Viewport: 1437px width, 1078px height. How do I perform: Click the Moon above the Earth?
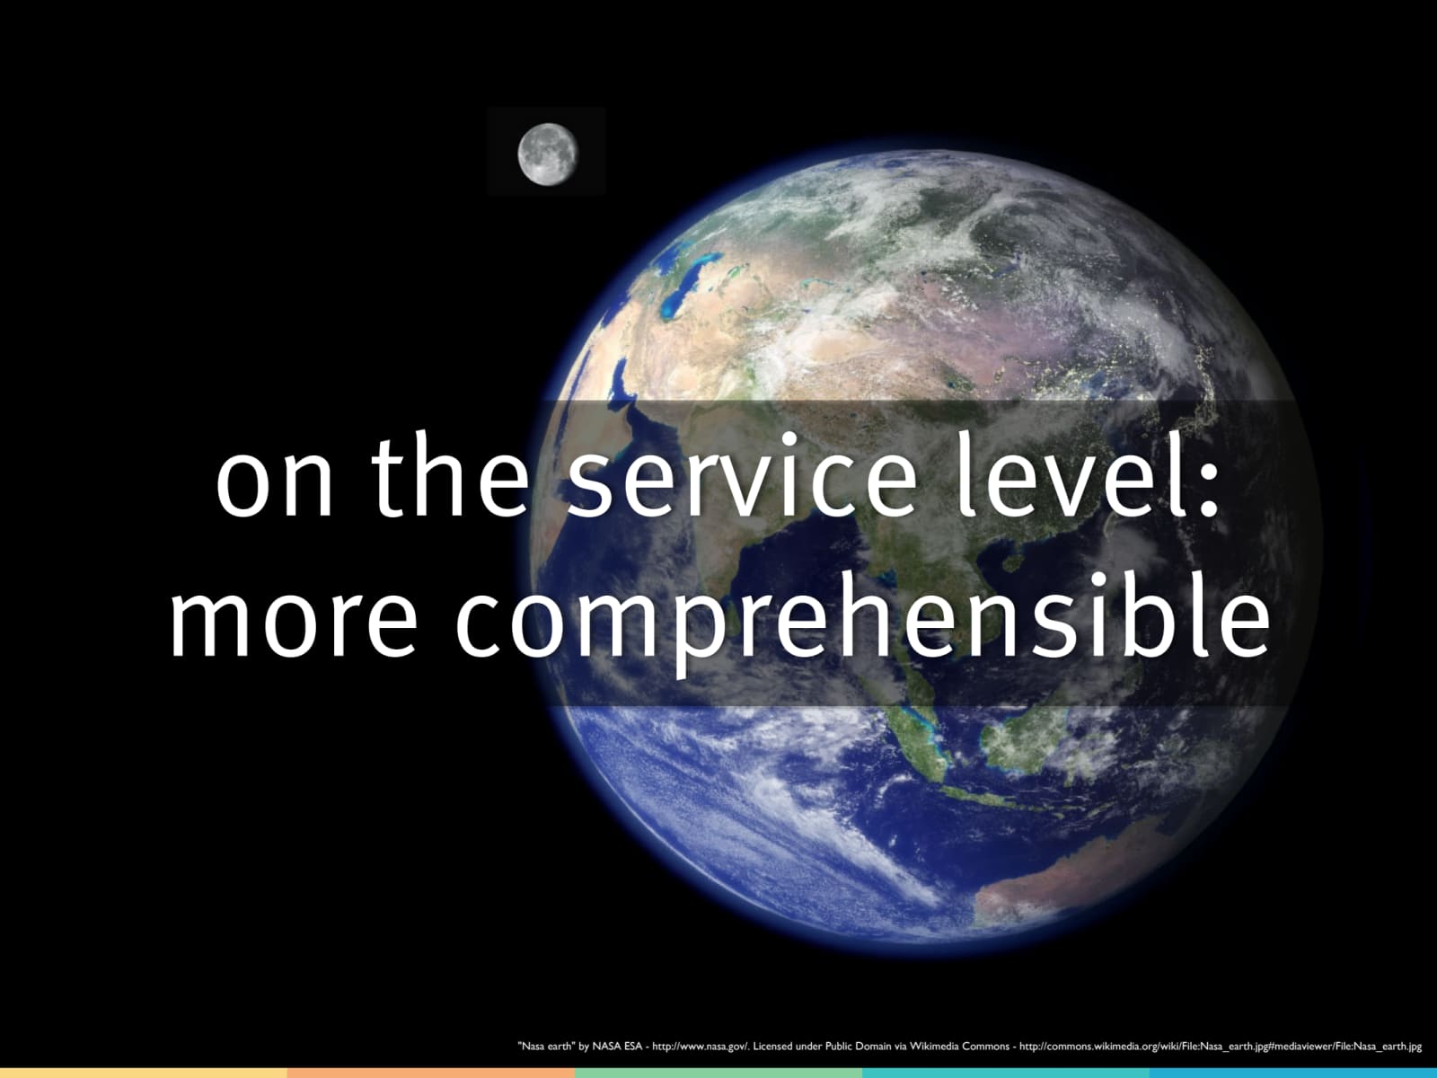point(548,155)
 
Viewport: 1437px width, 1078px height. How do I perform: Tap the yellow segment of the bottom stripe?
point(144,1073)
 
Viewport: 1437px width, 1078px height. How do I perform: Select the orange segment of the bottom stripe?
point(431,1073)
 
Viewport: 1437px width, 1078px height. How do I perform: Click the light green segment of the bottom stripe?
point(718,1073)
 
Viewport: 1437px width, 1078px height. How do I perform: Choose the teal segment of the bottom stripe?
point(1006,1073)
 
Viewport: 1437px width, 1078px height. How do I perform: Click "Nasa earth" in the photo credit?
point(547,1046)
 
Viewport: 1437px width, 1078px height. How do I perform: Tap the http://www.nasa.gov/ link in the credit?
point(701,1046)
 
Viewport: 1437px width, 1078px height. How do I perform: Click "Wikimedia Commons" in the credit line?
point(960,1046)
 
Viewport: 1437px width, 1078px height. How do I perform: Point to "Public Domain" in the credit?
point(859,1046)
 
